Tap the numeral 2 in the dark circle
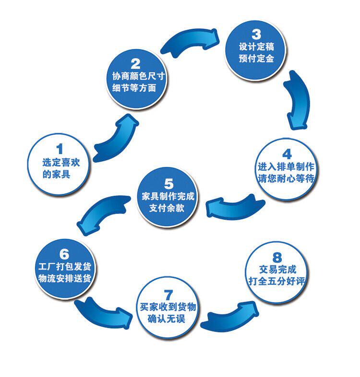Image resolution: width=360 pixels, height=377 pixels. pyautogui.click(x=135, y=63)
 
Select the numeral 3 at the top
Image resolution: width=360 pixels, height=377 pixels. pyautogui.click(x=256, y=34)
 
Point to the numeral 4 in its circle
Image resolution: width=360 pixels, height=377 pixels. pyautogui.click(x=287, y=154)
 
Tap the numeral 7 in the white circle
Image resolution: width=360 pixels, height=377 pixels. pyautogui.click(x=168, y=294)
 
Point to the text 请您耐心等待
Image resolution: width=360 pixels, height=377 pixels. pyautogui.click(x=286, y=179)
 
